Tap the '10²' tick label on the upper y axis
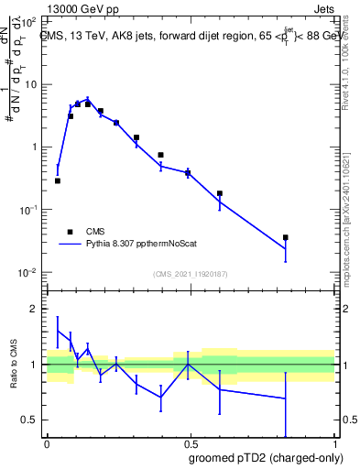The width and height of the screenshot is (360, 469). [30, 21]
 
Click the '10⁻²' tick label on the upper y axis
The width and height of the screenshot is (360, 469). [28, 273]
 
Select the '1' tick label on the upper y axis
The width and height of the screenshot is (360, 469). [36, 147]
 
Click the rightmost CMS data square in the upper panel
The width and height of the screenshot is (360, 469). [286, 237]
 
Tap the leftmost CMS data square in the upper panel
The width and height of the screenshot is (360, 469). [58, 180]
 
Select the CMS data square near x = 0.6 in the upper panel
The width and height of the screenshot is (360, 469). [220, 193]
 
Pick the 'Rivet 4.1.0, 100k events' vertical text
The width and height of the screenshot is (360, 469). [351, 55]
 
